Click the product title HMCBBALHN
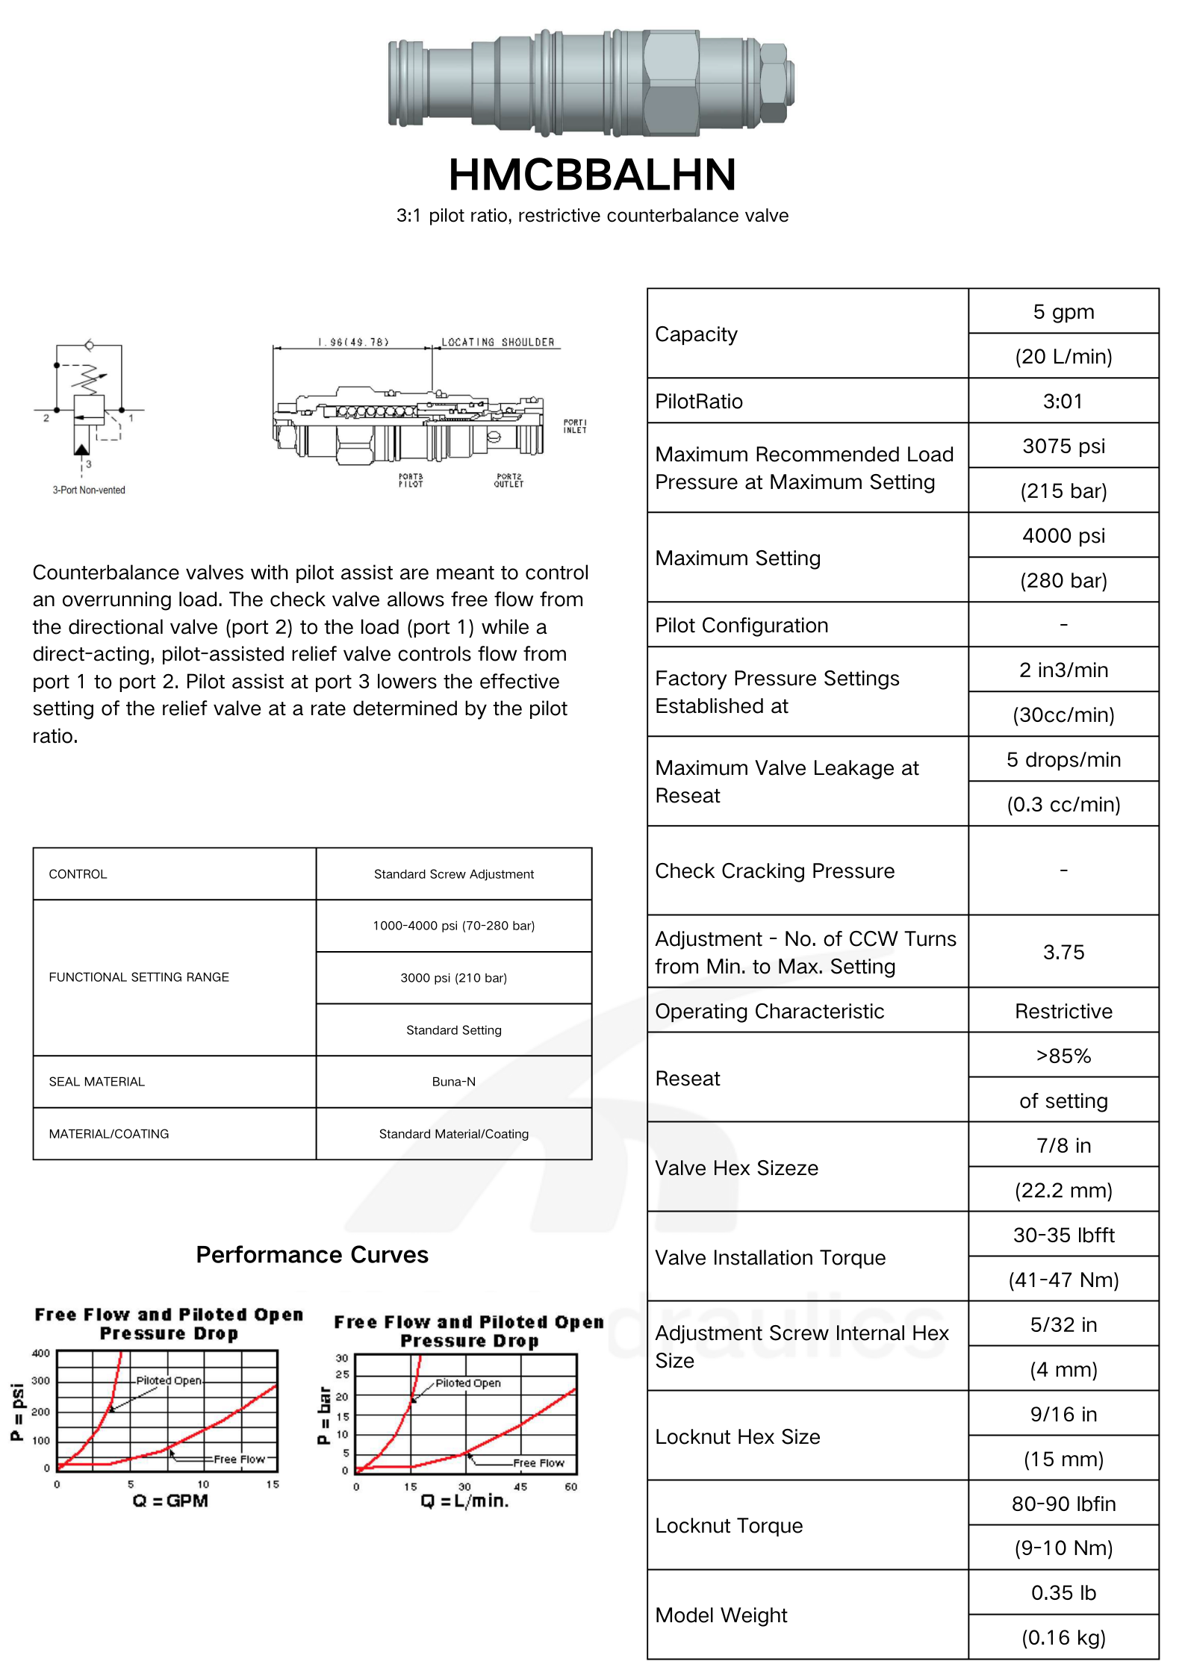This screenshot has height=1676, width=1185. click(x=592, y=175)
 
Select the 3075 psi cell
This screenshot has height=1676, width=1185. click(x=1063, y=446)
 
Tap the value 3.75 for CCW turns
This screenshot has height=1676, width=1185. click(x=1063, y=952)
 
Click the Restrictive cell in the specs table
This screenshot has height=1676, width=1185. click(x=1063, y=1011)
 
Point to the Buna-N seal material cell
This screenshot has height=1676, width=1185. click(x=453, y=1081)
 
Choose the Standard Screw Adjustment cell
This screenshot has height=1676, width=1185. click(x=453, y=873)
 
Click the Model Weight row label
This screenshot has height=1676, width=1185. click(x=721, y=1615)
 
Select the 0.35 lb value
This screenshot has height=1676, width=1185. click(x=1063, y=1592)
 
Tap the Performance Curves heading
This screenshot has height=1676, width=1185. click(x=312, y=1255)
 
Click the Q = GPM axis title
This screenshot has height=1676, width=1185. click(x=170, y=1501)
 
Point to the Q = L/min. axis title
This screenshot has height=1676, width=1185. click(x=464, y=1501)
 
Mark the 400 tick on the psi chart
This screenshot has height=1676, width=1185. click(x=41, y=1353)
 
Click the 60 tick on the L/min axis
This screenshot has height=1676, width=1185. click(x=570, y=1486)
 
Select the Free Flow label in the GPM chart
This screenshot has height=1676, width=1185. click(x=239, y=1459)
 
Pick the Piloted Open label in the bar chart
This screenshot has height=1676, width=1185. click(x=468, y=1383)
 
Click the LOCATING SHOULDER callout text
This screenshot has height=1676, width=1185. click(x=497, y=343)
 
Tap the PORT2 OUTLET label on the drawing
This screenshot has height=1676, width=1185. click(x=508, y=480)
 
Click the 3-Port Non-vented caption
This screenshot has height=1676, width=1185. click(x=89, y=490)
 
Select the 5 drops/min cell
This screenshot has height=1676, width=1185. click(x=1063, y=759)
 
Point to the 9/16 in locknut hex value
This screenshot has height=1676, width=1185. click(x=1063, y=1414)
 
